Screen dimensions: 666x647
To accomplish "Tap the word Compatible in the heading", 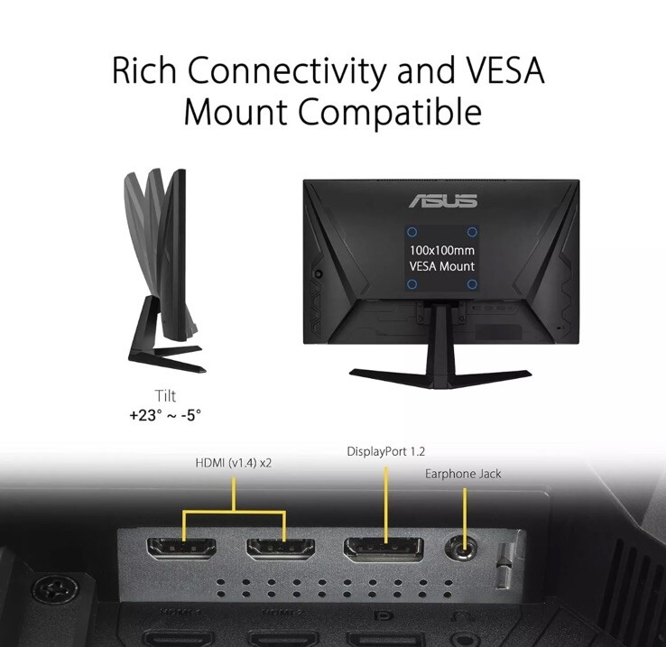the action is [x=390, y=111].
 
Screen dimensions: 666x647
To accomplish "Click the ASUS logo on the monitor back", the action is [x=443, y=201].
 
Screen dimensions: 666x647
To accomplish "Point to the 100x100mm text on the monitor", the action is [x=441, y=250].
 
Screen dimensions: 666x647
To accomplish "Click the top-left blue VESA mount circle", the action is [x=412, y=232].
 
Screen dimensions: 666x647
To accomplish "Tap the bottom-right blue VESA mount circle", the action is [x=471, y=284].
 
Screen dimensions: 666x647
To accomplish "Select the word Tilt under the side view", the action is [x=165, y=395].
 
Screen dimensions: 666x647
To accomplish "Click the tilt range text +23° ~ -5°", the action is [x=165, y=414].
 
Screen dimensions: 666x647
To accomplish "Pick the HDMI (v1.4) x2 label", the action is [x=233, y=463].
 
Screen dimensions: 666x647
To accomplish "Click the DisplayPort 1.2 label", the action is [x=385, y=451].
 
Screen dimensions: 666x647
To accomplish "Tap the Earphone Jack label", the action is [x=463, y=474].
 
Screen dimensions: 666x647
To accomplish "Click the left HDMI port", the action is [x=181, y=549].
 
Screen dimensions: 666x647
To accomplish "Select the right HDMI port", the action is [x=281, y=549].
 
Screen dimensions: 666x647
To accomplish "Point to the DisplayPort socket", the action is [x=384, y=549].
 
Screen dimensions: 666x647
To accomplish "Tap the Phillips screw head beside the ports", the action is [x=55, y=589].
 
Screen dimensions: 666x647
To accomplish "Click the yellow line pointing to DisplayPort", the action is [x=386, y=504].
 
